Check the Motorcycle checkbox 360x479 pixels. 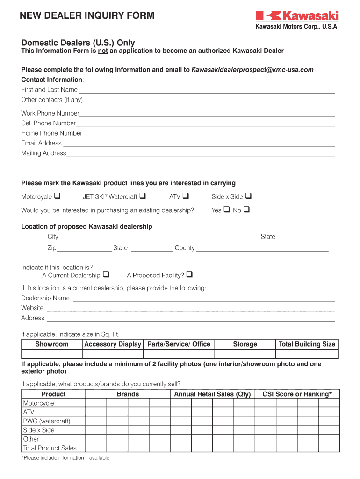(58, 196)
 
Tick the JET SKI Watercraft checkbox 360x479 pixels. (143, 196)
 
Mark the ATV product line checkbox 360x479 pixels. (185, 196)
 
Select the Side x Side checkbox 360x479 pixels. (248, 196)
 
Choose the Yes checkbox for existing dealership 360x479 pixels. (226, 210)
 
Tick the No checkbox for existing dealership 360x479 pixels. (246, 210)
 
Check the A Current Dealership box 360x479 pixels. (106, 275)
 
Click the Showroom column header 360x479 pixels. (52, 344)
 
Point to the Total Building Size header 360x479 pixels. (307, 344)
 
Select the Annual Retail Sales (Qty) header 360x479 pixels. (212, 394)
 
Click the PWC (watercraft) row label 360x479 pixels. (46, 421)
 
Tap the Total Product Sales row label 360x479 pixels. (50, 448)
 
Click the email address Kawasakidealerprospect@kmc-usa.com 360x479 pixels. (252, 70)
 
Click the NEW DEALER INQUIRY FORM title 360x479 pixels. (87, 16)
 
